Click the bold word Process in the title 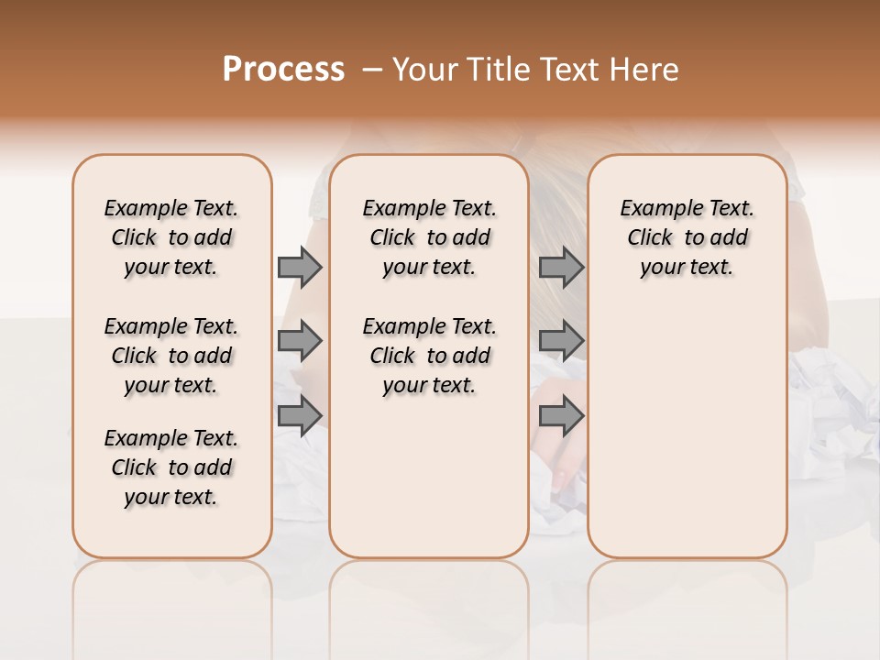point(283,70)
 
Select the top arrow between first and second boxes point(300,268)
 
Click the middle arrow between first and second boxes point(300,341)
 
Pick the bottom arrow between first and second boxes point(300,415)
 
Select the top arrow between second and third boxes point(561,268)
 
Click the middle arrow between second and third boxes point(561,341)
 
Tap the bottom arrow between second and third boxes point(561,415)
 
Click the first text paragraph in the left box point(171,237)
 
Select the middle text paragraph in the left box point(171,356)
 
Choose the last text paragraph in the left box point(171,467)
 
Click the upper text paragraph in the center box point(429,237)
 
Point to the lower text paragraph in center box point(429,356)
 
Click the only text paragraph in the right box point(687,237)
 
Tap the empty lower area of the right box point(687,431)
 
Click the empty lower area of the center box point(429,477)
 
